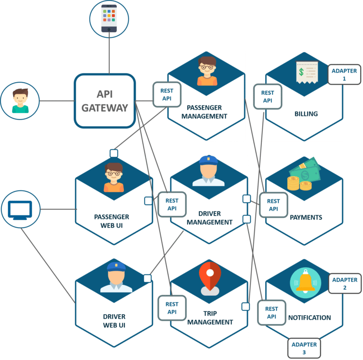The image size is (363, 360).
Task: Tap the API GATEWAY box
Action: point(105,101)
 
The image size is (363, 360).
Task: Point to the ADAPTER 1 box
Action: point(344,75)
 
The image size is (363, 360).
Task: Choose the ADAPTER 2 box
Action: point(345,283)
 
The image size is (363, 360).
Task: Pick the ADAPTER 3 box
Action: point(304,348)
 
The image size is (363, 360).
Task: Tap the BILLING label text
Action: point(306,114)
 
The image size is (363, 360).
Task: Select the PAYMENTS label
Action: point(306,217)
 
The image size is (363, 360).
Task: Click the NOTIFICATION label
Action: point(310,317)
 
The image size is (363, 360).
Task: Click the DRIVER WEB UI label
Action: point(114,321)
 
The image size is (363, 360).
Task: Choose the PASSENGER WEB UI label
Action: point(112,221)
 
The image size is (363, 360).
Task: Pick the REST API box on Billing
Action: point(268,97)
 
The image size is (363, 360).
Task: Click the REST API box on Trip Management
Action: point(172,308)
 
